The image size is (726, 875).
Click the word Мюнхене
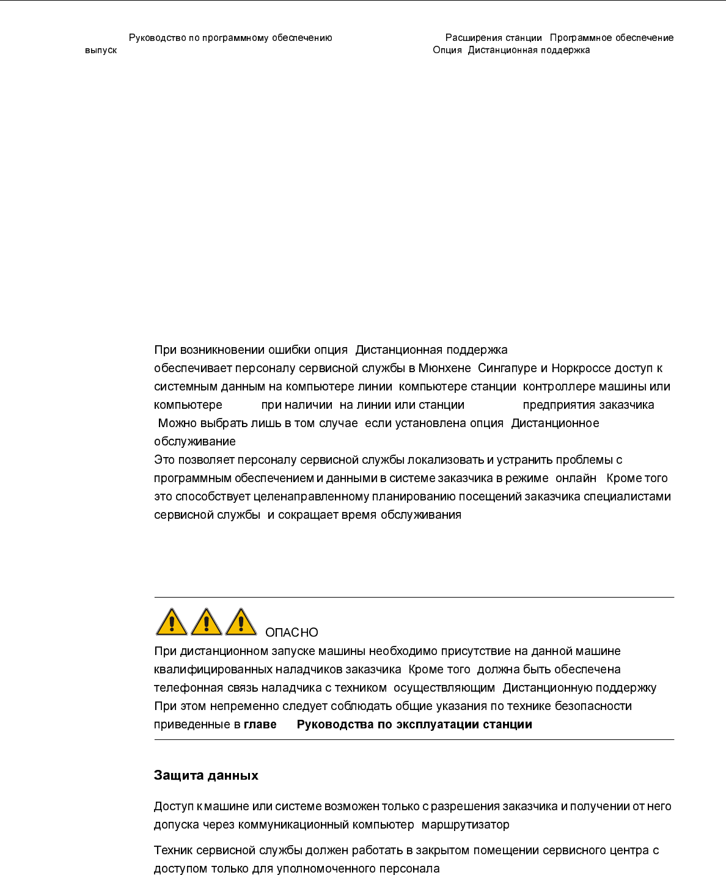[x=444, y=368]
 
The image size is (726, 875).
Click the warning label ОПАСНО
[x=291, y=633]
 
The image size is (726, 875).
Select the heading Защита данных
[x=206, y=775]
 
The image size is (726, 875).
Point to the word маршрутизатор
[x=465, y=825]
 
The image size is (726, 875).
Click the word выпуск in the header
[x=101, y=50]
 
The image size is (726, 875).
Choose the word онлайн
[x=576, y=478]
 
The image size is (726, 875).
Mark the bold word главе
[x=260, y=725]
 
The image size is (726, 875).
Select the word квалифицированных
[x=213, y=670]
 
